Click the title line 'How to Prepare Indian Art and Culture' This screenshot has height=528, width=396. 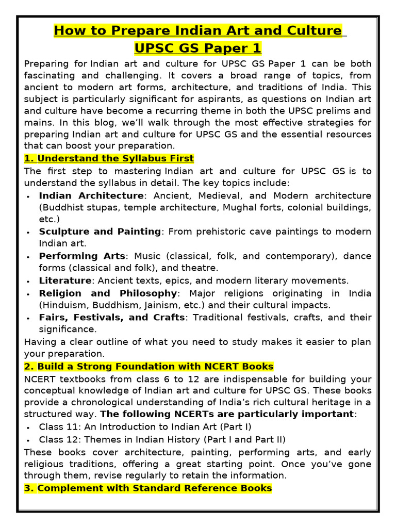pos(197,30)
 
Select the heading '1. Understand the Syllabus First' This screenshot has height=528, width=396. pos(109,158)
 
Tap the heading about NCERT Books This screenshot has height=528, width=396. pos(148,367)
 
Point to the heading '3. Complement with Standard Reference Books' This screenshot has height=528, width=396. pos(148,488)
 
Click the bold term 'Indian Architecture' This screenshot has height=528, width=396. pos(91,195)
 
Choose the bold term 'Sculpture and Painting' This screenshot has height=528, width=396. pos(100,232)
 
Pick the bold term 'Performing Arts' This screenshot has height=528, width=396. pos(82,256)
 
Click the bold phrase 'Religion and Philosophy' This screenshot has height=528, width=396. pos(108,293)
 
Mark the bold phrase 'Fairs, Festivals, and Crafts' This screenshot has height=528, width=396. pos(111,317)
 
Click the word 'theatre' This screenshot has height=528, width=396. pos(202,268)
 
